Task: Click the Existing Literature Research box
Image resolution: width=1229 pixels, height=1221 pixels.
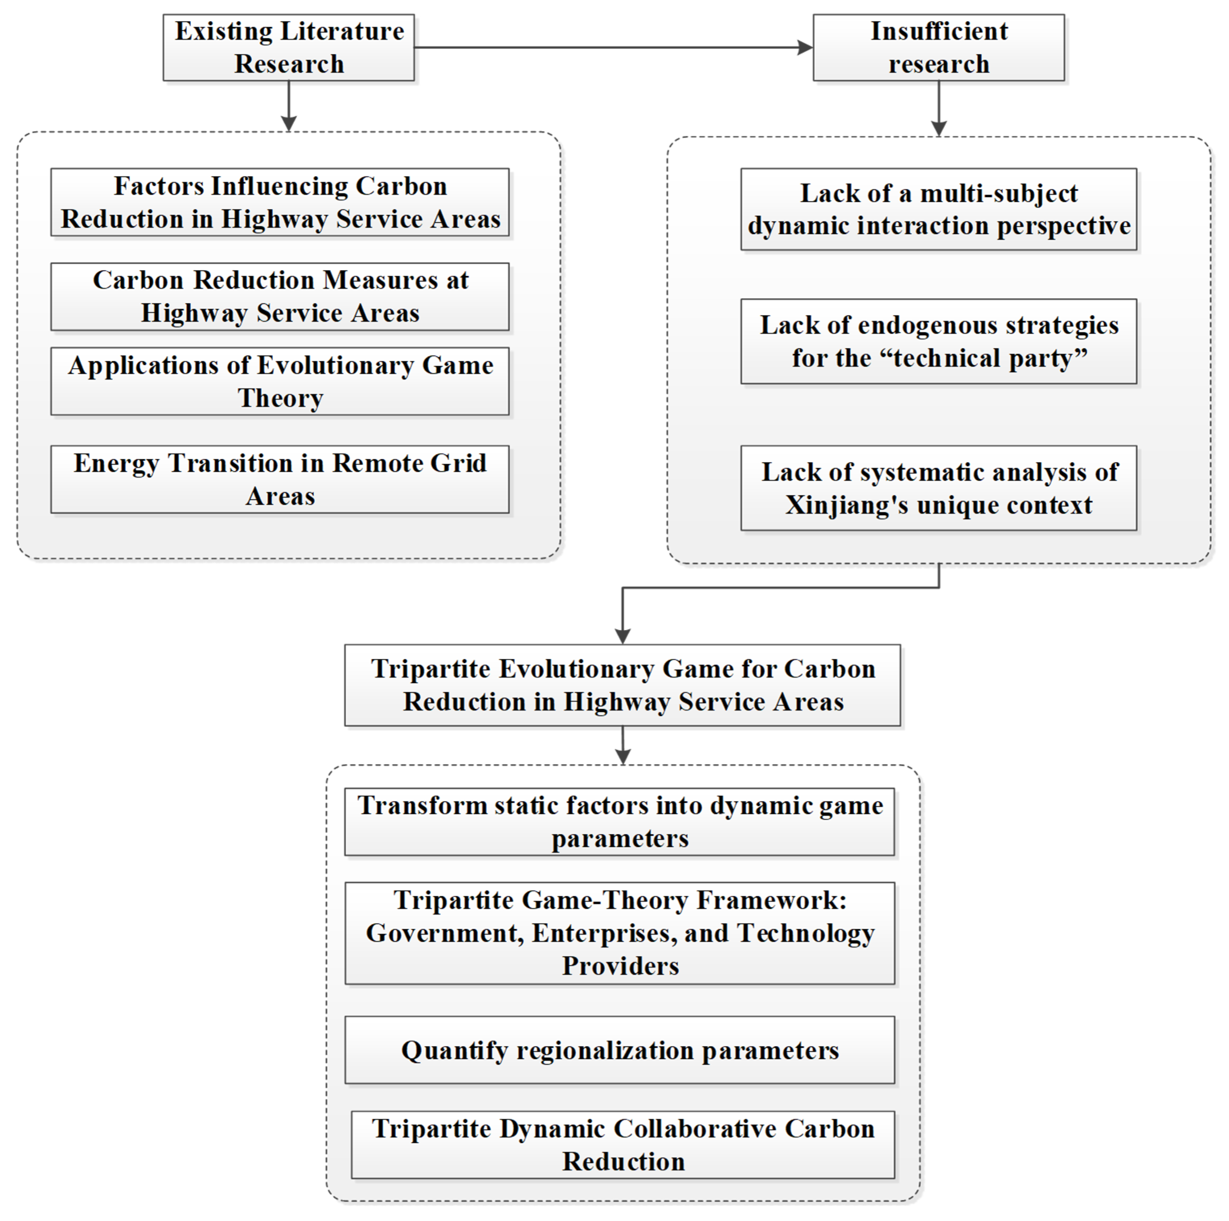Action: pyautogui.click(x=289, y=48)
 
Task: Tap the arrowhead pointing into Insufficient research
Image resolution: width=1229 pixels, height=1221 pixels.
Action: pyautogui.click(x=805, y=47)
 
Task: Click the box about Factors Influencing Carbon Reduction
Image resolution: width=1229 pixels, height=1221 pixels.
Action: pyautogui.click(x=280, y=202)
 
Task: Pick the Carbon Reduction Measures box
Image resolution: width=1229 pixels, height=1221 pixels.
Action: pyautogui.click(x=280, y=296)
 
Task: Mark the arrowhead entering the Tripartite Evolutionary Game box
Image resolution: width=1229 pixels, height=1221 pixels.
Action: pyautogui.click(x=623, y=636)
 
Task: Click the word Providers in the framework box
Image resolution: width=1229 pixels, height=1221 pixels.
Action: pyautogui.click(x=620, y=966)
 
